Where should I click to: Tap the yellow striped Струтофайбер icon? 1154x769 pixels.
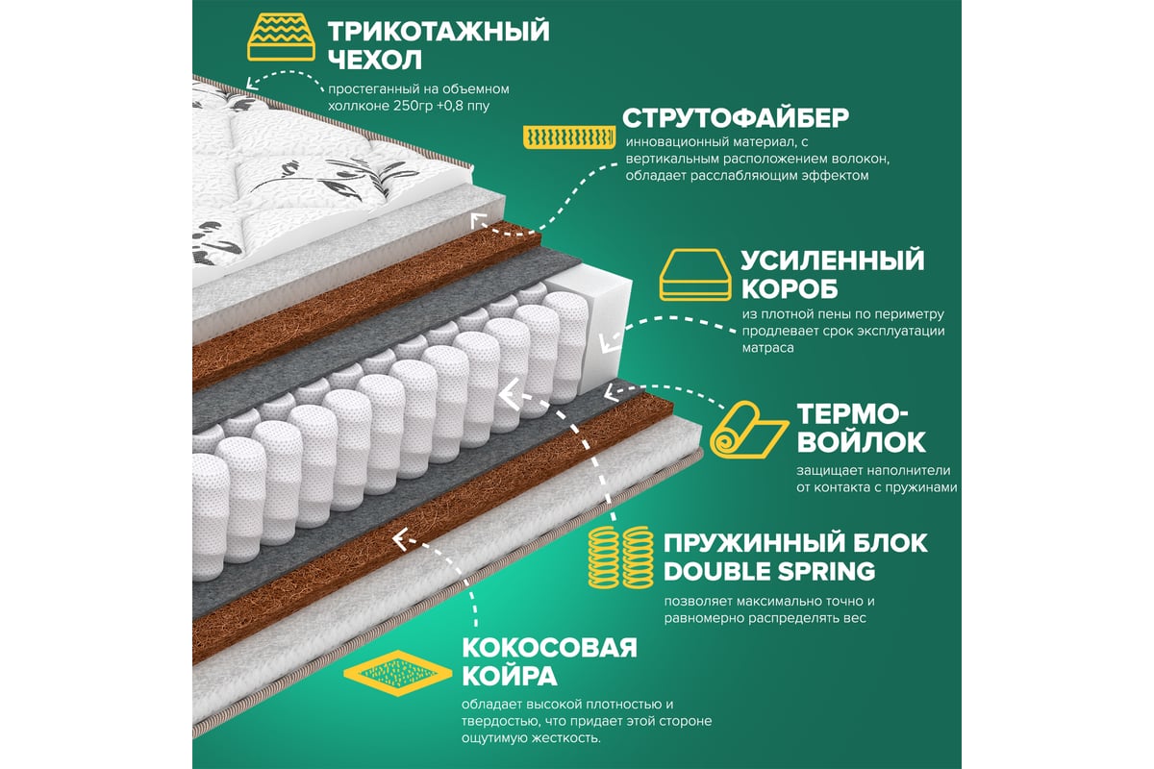569,137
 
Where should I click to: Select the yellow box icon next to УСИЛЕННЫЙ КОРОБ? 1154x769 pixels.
695,275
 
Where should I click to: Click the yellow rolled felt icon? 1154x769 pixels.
748,430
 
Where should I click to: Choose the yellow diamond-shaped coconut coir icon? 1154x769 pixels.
397,673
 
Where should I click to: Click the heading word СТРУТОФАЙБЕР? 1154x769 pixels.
735,118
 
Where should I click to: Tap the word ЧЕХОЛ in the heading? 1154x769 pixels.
374,60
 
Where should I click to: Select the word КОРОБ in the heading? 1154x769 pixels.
790,289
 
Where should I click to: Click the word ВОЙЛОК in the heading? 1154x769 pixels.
862,441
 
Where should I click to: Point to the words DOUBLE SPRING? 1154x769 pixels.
769,571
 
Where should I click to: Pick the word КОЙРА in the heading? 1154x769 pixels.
510,675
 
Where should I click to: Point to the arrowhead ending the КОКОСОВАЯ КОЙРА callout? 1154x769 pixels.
401,538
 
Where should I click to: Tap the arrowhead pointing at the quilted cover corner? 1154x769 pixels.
251,83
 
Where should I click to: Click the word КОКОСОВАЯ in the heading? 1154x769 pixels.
550,648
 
